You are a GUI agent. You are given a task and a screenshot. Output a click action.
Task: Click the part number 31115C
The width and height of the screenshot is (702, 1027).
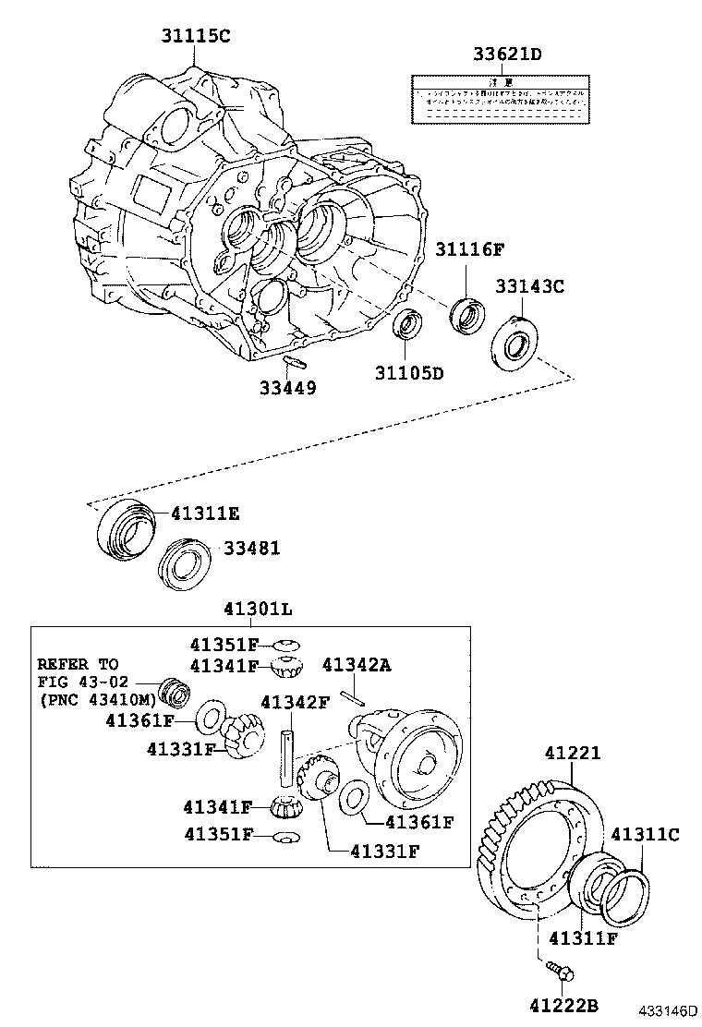tap(196, 36)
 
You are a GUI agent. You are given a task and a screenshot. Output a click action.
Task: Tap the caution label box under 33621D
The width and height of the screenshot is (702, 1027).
tap(500, 101)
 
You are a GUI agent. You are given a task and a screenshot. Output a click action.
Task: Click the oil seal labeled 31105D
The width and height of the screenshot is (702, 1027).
tap(407, 325)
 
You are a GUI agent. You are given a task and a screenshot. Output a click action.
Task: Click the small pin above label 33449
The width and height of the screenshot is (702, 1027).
tap(293, 360)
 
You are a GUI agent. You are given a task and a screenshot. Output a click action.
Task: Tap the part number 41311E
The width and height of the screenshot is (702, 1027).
tap(205, 513)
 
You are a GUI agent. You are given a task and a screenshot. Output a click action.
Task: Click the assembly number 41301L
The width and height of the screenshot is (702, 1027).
tap(258, 610)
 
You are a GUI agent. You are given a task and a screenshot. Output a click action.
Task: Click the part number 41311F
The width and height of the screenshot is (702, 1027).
tap(583, 939)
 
